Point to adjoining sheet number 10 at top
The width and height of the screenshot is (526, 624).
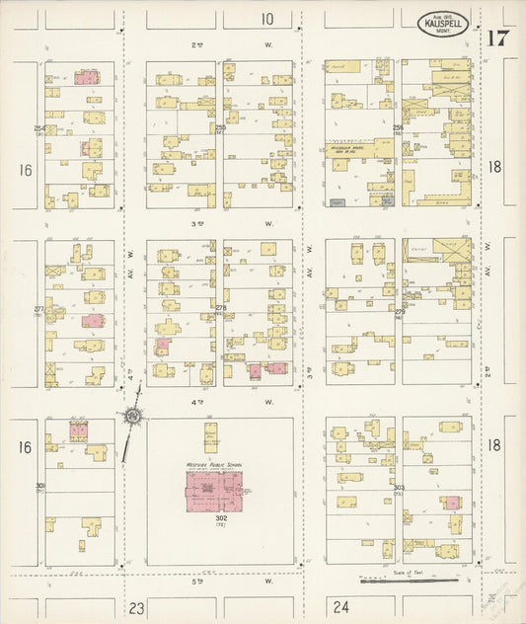point(267,19)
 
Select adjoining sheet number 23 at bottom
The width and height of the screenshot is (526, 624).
point(135,607)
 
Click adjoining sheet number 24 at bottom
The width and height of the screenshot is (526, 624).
point(342,607)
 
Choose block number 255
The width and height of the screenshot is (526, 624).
point(220,128)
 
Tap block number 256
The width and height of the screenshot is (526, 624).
point(399,128)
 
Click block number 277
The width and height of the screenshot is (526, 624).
point(39,309)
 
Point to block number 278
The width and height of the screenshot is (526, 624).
point(220,309)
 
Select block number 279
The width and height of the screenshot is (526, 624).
point(399,313)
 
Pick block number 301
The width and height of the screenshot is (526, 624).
point(40,487)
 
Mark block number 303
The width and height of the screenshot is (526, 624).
point(399,488)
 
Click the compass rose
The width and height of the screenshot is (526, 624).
point(132,418)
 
